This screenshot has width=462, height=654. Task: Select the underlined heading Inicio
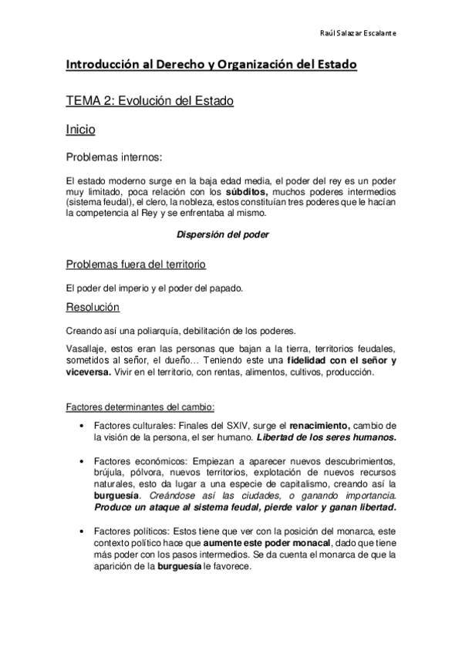pyautogui.click(x=81, y=130)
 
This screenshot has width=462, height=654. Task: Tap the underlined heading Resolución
pyautogui.click(x=93, y=307)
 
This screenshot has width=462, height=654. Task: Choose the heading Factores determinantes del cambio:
pyautogui.click(x=140, y=406)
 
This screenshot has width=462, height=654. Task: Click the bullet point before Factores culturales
pyautogui.click(x=82, y=426)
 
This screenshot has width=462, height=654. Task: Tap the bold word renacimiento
pyautogui.click(x=320, y=426)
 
